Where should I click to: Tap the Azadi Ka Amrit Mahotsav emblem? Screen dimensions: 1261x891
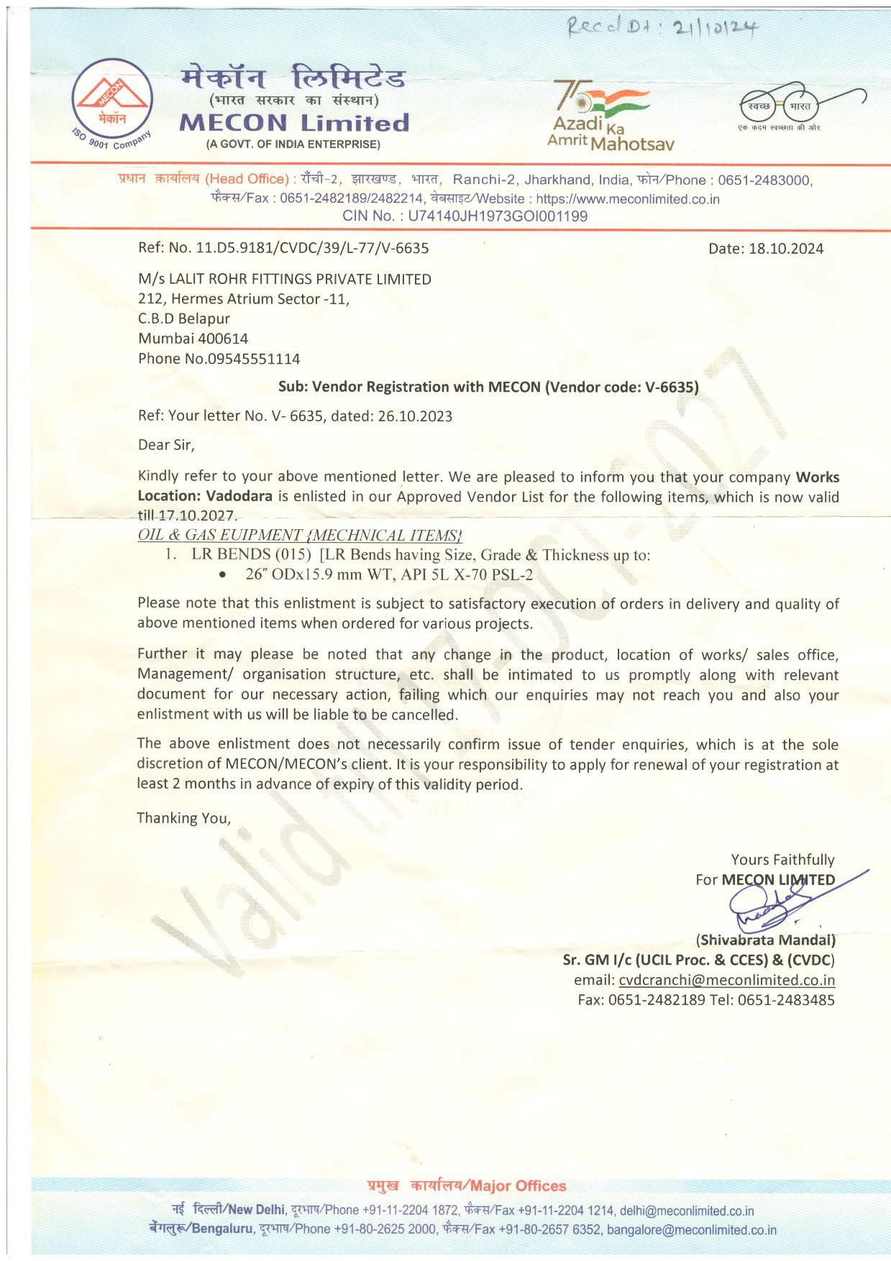click(611, 115)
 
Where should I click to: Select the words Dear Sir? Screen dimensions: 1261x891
click(166, 445)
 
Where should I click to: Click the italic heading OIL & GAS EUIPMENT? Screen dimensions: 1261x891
click(220, 536)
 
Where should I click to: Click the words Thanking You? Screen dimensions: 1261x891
click(184, 818)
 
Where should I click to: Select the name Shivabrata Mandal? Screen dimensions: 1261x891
click(765, 940)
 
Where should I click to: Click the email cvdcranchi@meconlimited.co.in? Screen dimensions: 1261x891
click(726, 980)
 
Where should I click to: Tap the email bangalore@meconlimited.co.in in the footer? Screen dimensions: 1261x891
click(692, 1230)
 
